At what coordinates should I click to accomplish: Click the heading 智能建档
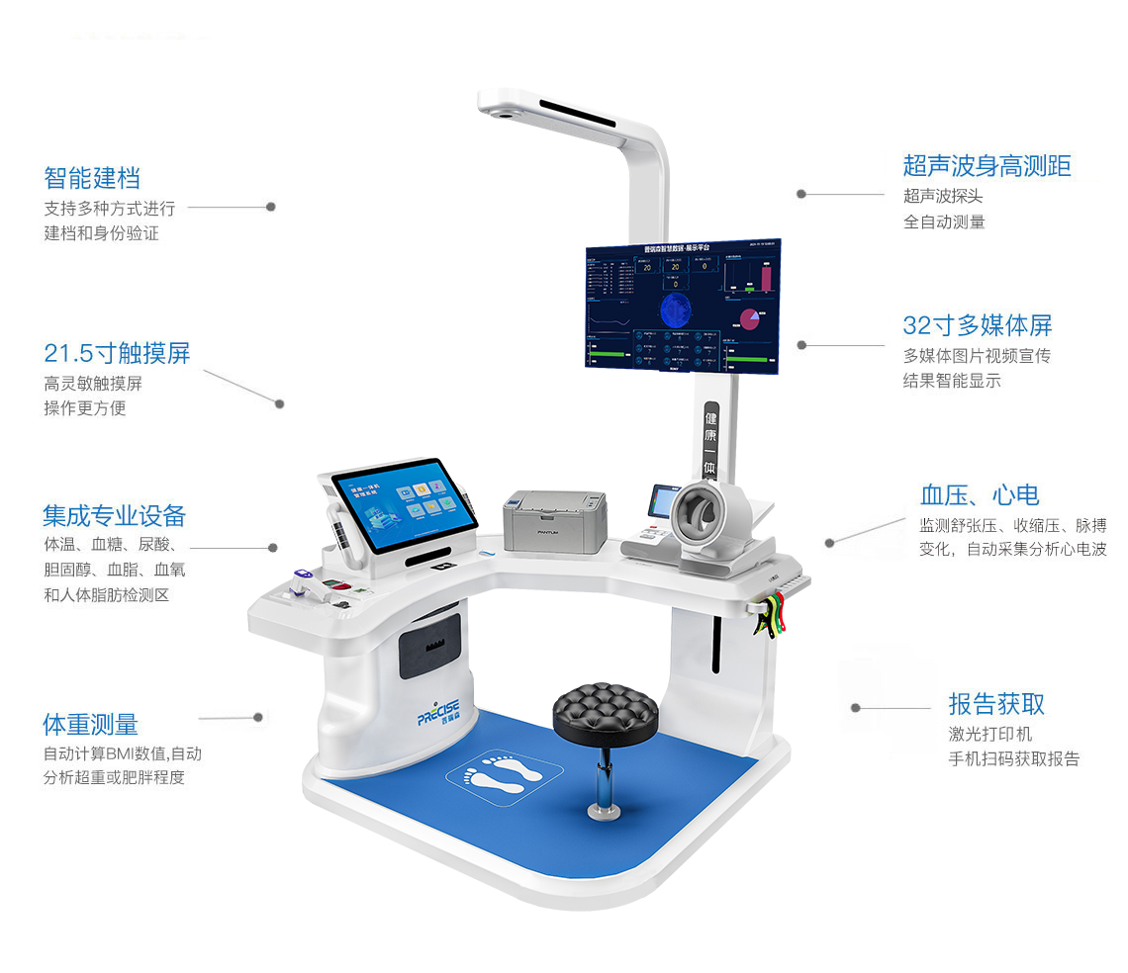[x=92, y=178]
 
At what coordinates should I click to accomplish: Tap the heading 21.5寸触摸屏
[x=117, y=353]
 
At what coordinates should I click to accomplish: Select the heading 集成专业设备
[x=114, y=515]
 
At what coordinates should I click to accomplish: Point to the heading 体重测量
[x=90, y=724]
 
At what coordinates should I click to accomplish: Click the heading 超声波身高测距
[x=987, y=165]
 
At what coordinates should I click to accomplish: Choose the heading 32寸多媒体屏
[x=977, y=325]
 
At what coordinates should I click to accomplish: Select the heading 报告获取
[x=996, y=704]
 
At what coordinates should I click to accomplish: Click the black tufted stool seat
[x=606, y=708]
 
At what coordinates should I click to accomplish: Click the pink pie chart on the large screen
[x=748, y=317]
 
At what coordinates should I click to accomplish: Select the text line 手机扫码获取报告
[x=1013, y=759]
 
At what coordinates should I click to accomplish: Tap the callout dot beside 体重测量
[x=258, y=717]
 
